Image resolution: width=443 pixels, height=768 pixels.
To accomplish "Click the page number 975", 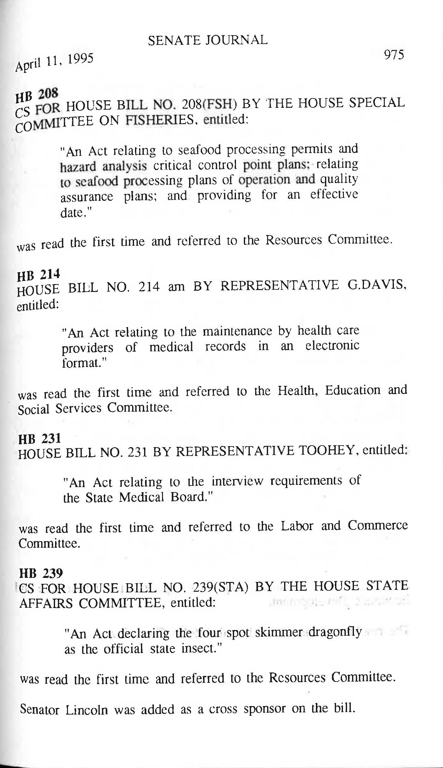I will coord(394,55).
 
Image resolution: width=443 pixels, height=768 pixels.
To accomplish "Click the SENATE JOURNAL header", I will coord(208,40).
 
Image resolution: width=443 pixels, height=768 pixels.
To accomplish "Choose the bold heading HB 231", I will coord(39,438).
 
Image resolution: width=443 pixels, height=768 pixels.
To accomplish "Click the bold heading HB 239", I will coord(41,574).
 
